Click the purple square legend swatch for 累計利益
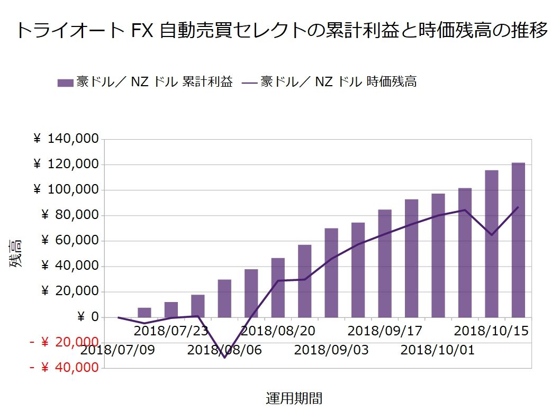tap(65, 83)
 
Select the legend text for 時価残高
tap(339, 82)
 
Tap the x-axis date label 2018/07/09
tap(118, 350)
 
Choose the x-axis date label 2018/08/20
tap(278, 331)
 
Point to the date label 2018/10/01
tap(438, 350)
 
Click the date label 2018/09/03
tap(331, 350)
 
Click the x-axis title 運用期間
tap(294, 398)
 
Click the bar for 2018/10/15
tap(492, 243)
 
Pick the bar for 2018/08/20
tap(278, 288)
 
